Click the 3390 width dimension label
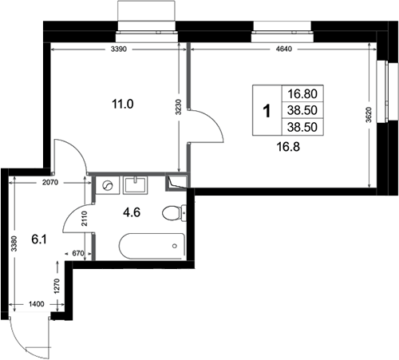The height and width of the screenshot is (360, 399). tap(119, 49)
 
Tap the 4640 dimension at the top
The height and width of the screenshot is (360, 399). tap(284, 49)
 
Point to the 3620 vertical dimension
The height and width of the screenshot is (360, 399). tap(369, 115)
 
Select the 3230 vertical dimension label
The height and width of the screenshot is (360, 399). tap(179, 107)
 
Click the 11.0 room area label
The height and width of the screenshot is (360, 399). tap(123, 104)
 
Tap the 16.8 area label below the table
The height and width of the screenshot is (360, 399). tap(288, 147)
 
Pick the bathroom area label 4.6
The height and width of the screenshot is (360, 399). tap(132, 212)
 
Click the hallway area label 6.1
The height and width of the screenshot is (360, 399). tap(39, 239)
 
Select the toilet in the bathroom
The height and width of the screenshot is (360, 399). tap(174, 213)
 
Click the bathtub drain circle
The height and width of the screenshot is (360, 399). tap(175, 246)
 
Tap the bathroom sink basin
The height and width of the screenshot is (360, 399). tap(135, 185)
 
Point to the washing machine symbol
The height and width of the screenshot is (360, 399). tap(108, 185)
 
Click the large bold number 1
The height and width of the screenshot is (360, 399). tap(267, 111)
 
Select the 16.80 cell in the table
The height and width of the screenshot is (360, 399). tap(302, 93)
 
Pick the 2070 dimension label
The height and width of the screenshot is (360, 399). tap(50, 183)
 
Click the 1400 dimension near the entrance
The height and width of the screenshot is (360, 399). tap(37, 304)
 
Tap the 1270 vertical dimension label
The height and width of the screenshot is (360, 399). tap(57, 286)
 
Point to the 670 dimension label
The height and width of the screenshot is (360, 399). tap(78, 254)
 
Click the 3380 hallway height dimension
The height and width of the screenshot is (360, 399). tap(14, 243)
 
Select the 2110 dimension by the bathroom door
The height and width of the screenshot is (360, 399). tap(85, 219)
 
